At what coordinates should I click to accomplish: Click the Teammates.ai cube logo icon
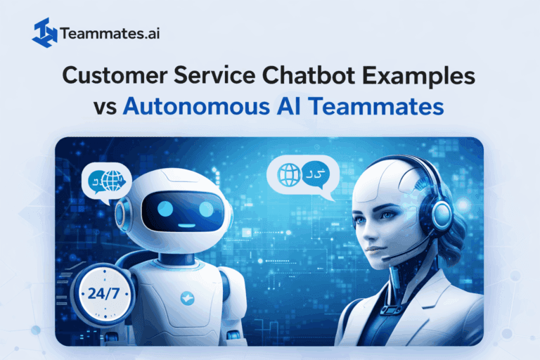[44, 32]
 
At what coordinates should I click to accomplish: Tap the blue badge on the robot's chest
[187, 297]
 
